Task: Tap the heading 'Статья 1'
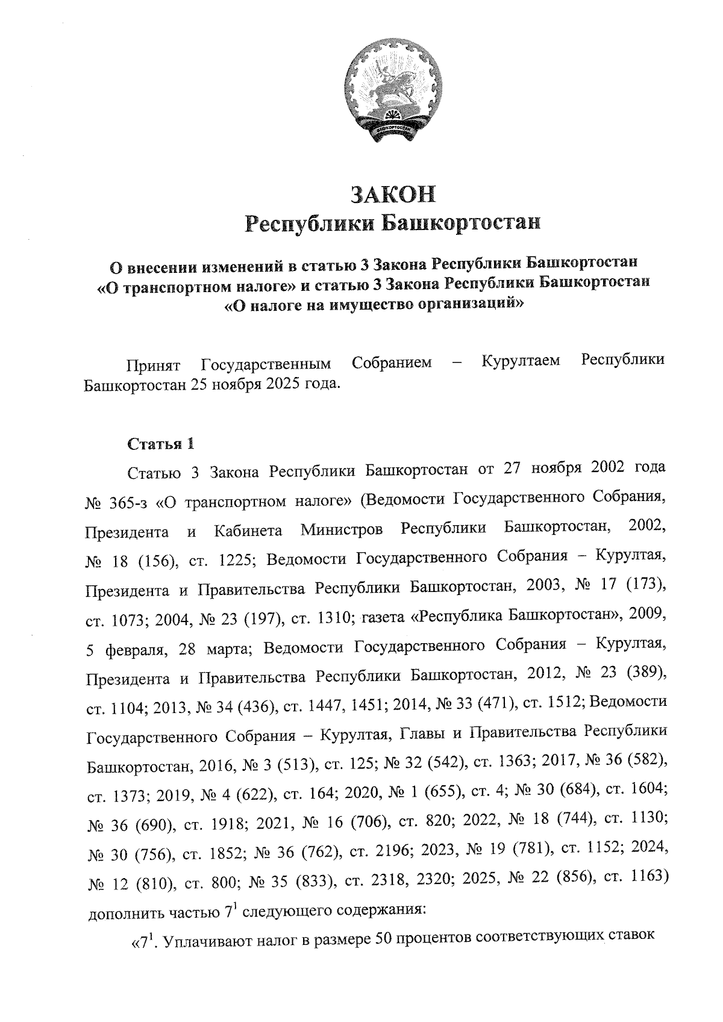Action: tap(161, 444)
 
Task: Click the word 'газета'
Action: tap(383, 617)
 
